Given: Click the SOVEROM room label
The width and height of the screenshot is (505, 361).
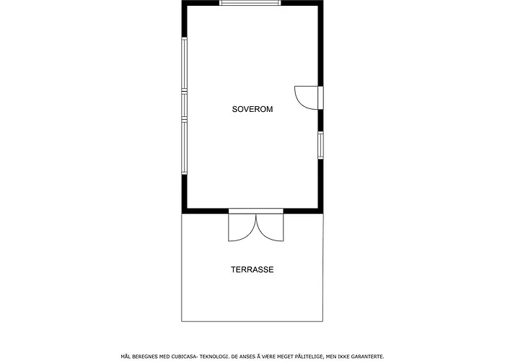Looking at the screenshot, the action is click(252, 109).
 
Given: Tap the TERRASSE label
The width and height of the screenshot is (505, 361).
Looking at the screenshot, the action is click(252, 269).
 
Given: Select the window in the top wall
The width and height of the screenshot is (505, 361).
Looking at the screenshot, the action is click(250, 3).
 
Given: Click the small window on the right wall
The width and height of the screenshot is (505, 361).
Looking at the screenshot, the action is click(321, 145).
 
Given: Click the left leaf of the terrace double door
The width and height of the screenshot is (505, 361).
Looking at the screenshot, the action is click(242, 227).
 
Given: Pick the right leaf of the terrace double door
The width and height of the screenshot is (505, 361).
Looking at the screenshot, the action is click(270, 227).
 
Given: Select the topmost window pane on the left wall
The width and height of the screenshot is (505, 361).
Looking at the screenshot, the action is click(184, 64).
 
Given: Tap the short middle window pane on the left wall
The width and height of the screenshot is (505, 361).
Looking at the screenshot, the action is click(184, 105).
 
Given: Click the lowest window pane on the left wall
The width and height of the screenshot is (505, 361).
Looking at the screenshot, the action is click(184, 148).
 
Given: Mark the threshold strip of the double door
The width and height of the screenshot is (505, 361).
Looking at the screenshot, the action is click(256, 211).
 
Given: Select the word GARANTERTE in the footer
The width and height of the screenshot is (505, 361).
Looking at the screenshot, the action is click(367, 357).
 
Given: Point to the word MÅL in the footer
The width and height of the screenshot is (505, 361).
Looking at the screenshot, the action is click(126, 357).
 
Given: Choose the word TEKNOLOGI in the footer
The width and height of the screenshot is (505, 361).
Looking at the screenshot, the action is click(214, 357).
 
